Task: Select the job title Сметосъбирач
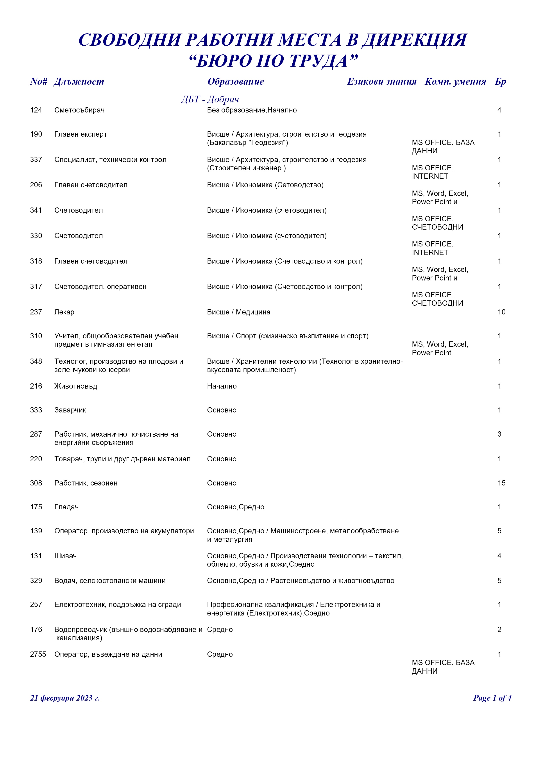[x=79, y=110]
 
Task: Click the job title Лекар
[x=64, y=312]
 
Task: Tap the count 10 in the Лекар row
[x=501, y=312]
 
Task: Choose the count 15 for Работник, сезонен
[x=501, y=483]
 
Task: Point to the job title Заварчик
[x=70, y=410]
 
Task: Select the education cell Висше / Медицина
[x=238, y=312]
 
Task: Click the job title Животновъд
[x=76, y=386]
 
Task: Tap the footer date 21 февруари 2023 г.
[x=65, y=698]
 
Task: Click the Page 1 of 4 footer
[x=492, y=698]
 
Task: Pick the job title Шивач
[x=65, y=556]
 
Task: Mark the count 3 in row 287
[x=499, y=434]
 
